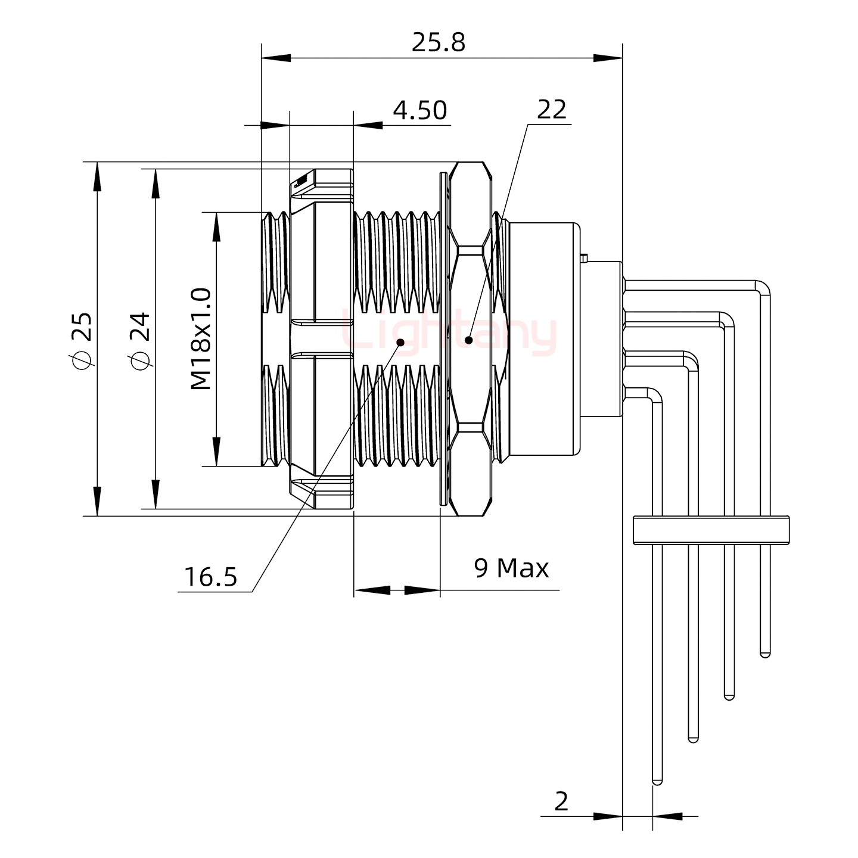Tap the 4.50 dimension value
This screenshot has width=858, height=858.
pyautogui.click(x=420, y=111)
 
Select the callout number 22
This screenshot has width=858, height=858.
pyautogui.click(x=551, y=110)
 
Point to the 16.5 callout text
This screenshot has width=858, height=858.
pyautogui.click(x=210, y=577)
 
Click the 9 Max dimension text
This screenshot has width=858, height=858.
pyautogui.click(x=511, y=568)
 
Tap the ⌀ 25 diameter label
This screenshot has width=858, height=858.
pyautogui.click(x=82, y=338)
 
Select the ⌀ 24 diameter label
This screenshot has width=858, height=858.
pyautogui.click(x=141, y=338)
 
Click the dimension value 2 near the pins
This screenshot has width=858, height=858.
pyautogui.click(x=561, y=801)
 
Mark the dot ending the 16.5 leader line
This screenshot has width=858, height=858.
pyautogui.click(x=400, y=342)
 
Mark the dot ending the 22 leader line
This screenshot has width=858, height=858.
pyautogui.click(x=469, y=340)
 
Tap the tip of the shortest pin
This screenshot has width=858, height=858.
pyautogui.click(x=765, y=654)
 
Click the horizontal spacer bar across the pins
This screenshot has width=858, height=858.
pyautogui.click(x=711, y=530)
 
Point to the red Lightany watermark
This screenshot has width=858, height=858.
pyautogui.click(x=450, y=334)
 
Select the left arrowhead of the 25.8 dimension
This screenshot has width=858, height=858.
pyautogui.click(x=275, y=58)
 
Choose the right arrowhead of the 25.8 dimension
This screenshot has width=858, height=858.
pyautogui.click(x=608, y=58)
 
